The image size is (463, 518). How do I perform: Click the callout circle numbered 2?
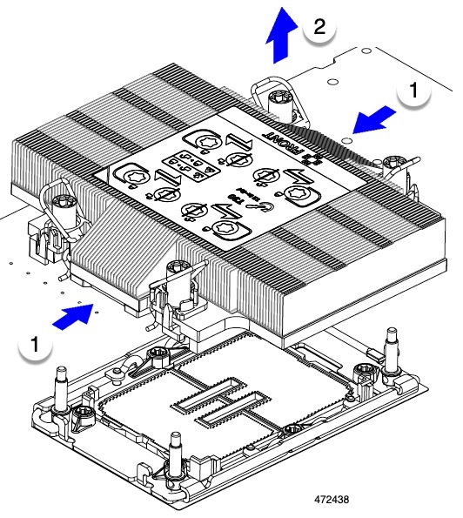[319, 28]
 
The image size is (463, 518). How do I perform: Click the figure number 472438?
[335, 501]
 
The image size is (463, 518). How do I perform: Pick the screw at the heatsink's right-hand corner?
[388, 161]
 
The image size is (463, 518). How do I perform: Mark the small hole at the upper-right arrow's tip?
[346, 138]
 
